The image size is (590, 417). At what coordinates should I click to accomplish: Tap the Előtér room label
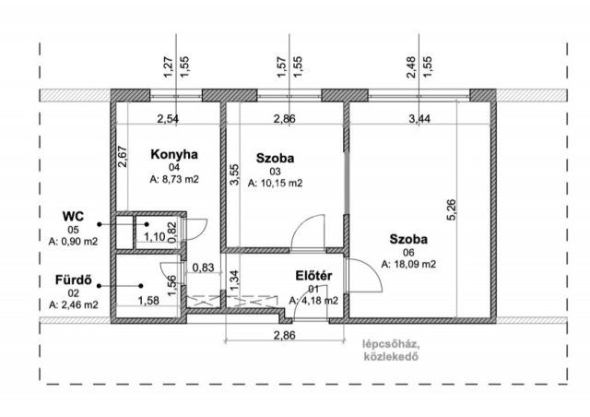click(313, 275)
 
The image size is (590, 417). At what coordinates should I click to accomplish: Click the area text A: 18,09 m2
click(408, 264)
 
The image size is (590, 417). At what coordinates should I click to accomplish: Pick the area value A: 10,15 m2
click(275, 183)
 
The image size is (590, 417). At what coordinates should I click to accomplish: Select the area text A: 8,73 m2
click(173, 180)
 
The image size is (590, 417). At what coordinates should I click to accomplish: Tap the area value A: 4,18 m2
click(313, 300)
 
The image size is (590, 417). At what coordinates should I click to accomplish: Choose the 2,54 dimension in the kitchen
click(168, 119)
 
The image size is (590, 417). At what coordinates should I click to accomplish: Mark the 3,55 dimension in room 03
click(235, 174)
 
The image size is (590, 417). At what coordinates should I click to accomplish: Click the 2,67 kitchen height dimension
click(123, 156)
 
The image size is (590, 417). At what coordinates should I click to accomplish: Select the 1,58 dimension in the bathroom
click(147, 300)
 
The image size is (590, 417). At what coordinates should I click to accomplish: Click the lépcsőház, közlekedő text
click(393, 350)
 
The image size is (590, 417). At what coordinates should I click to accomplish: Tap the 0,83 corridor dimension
click(201, 268)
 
